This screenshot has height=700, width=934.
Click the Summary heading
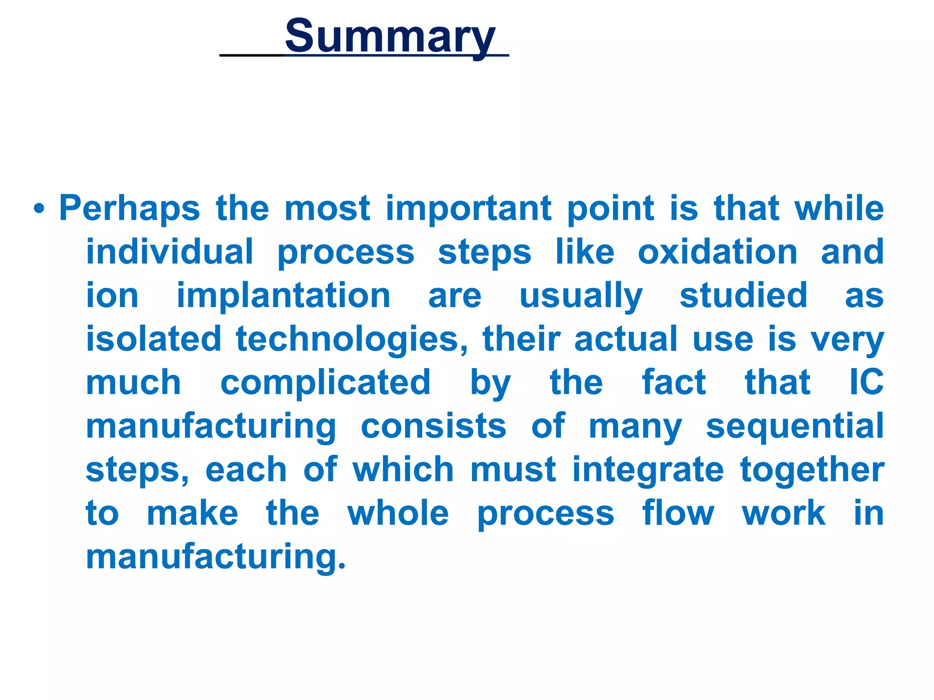pyautogui.click(x=390, y=36)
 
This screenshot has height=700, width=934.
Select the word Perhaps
pyautogui.click(x=130, y=209)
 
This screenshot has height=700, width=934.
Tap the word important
pyautogui.click(x=468, y=209)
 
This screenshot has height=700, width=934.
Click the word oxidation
pyautogui.click(x=717, y=252)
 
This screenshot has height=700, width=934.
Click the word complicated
pyautogui.click(x=325, y=382)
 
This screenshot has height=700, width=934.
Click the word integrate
pyautogui.click(x=648, y=469)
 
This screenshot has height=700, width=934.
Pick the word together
pyautogui.click(x=812, y=469)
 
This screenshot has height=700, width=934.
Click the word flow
pyautogui.click(x=678, y=513)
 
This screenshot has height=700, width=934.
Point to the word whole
pyautogui.click(x=398, y=513)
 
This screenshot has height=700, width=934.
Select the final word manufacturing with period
pyautogui.click(x=216, y=557)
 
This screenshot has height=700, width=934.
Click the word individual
pyautogui.click(x=169, y=252)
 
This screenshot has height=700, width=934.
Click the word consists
pyautogui.click(x=433, y=426)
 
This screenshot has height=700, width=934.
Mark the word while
pyautogui.click(x=839, y=208)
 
